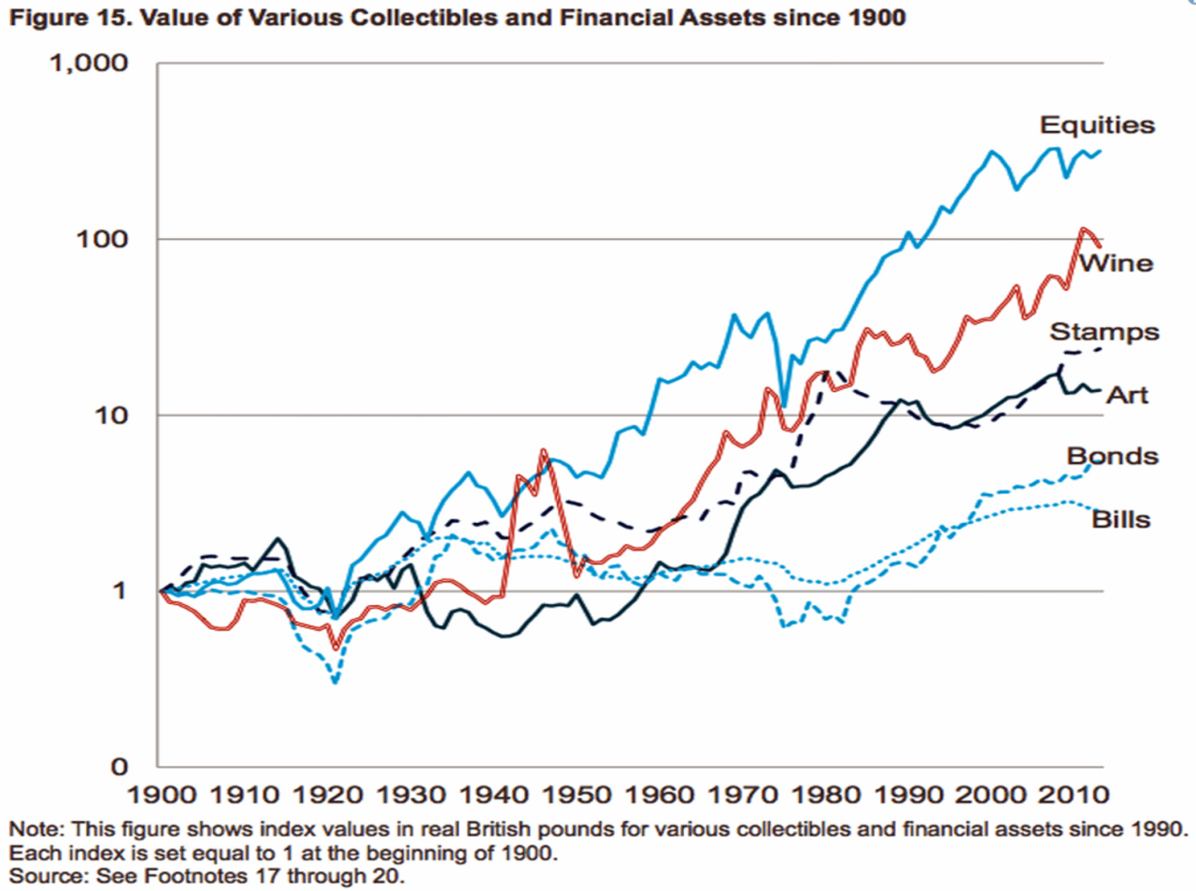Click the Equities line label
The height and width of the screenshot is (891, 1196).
pyautogui.click(x=1097, y=125)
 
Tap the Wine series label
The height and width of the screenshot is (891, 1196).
pyautogui.click(x=1117, y=263)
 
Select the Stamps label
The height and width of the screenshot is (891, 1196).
pyautogui.click(x=1104, y=332)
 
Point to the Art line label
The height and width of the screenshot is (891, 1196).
pyautogui.click(x=1127, y=395)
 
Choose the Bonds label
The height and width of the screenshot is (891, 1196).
pyautogui.click(x=1112, y=456)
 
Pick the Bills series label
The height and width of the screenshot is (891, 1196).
pyautogui.click(x=1120, y=519)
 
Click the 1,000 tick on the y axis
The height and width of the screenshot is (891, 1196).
pyautogui.click(x=89, y=64)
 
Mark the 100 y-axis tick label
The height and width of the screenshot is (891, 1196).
pyautogui.click(x=102, y=239)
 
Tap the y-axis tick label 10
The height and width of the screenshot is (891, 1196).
pyautogui.click(x=110, y=415)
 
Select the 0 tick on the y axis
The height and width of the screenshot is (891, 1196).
pyautogui.click(x=119, y=767)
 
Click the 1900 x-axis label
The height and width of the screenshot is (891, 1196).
pyautogui.click(x=162, y=795)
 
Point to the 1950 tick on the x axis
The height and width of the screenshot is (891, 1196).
pyautogui.click(x=577, y=795)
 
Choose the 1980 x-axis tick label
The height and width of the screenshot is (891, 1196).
pyautogui.click(x=826, y=795)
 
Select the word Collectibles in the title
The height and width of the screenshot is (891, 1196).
pyautogui.click(x=421, y=18)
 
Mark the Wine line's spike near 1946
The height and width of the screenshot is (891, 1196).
pyautogui.click(x=543, y=452)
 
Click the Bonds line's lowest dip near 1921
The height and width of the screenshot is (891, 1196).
pyautogui.click(x=335, y=682)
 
